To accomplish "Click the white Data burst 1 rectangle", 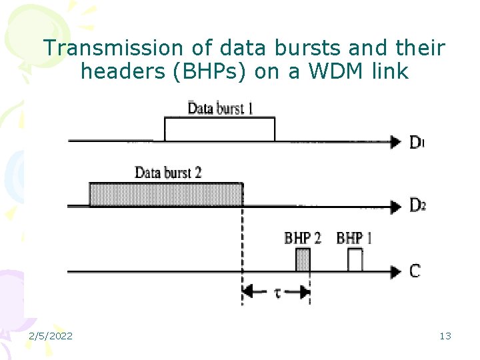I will click(219, 129).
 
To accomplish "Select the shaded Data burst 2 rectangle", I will click(166, 194).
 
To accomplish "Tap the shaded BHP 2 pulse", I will click(303, 259).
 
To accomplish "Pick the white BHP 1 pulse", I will click(355, 260).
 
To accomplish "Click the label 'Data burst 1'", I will click(220, 107).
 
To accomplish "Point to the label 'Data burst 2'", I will click(168, 173).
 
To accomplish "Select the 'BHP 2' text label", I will click(303, 237).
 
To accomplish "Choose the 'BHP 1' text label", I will click(355, 237).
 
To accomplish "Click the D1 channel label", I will click(417, 142).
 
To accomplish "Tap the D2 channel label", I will click(417, 206).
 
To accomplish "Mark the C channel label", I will click(415, 271).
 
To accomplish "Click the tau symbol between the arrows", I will click(277, 292).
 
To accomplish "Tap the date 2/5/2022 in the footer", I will click(51, 336).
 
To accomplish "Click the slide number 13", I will click(445, 336).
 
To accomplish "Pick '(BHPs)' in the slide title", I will click(211, 71).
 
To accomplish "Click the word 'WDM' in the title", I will click(335, 71).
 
